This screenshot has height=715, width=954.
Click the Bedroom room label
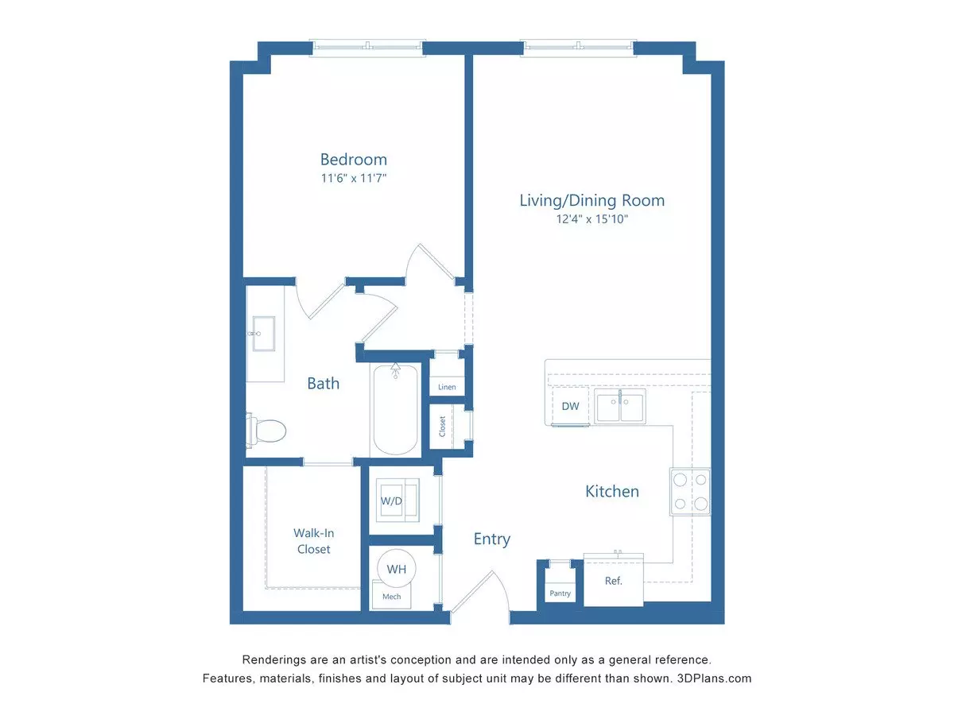click(x=353, y=160)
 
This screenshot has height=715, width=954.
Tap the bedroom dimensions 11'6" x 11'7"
click(x=353, y=179)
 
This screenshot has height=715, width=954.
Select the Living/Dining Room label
click(x=592, y=200)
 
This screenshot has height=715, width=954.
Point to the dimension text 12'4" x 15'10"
click(x=592, y=219)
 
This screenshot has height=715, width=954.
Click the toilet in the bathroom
click(x=266, y=431)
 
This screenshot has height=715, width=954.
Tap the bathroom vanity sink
click(x=264, y=334)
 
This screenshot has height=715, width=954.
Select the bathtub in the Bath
click(x=395, y=409)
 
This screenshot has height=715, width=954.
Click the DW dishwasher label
click(x=570, y=406)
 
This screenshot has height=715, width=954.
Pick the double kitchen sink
click(x=620, y=407)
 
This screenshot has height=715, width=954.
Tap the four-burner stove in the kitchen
click(x=690, y=492)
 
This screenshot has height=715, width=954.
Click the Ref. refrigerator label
click(x=613, y=581)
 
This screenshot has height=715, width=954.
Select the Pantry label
click(x=560, y=593)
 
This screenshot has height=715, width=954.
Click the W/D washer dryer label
click(x=391, y=501)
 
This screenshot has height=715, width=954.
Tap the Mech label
click(x=392, y=597)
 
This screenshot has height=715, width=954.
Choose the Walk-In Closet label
click(x=313, y=541)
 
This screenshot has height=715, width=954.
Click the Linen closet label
click(x=447, y=387)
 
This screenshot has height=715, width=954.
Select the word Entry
click(x=492, y=539)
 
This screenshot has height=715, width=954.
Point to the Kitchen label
click(x=612, y=492)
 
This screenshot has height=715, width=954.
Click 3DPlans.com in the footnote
click(x=714, y=678)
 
